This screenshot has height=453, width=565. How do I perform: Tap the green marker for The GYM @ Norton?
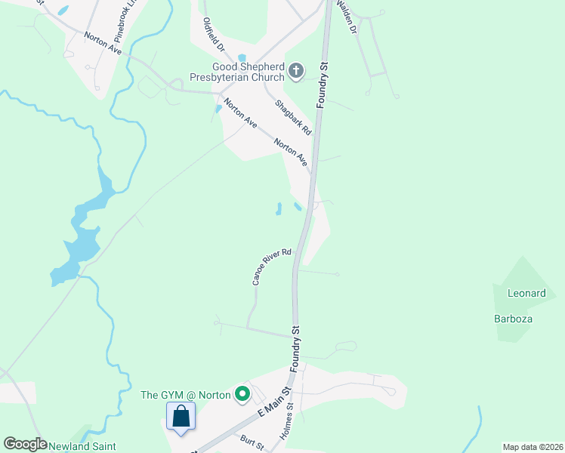tap(242, 393)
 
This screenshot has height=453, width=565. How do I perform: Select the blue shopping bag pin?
tap(181, 416)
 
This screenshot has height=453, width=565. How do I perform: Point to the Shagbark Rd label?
tap(293, 118)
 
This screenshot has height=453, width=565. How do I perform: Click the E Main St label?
tap(275, 405)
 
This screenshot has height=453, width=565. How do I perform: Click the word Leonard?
tap(526, 293)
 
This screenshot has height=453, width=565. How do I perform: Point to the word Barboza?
tap(514, 319)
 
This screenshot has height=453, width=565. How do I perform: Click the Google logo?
tap(25, 444)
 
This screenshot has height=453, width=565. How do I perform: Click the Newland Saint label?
tap(83, 445)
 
